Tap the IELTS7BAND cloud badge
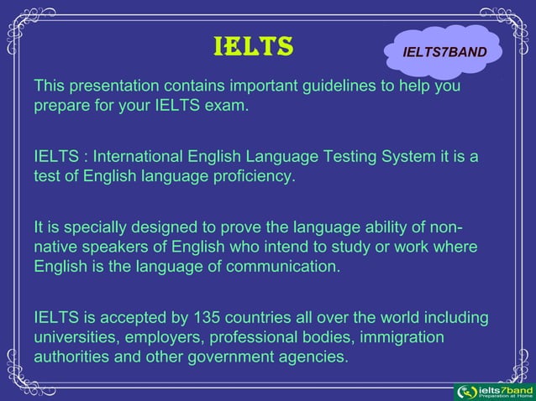444,52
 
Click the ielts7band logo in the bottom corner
493,392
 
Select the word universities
74,339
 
